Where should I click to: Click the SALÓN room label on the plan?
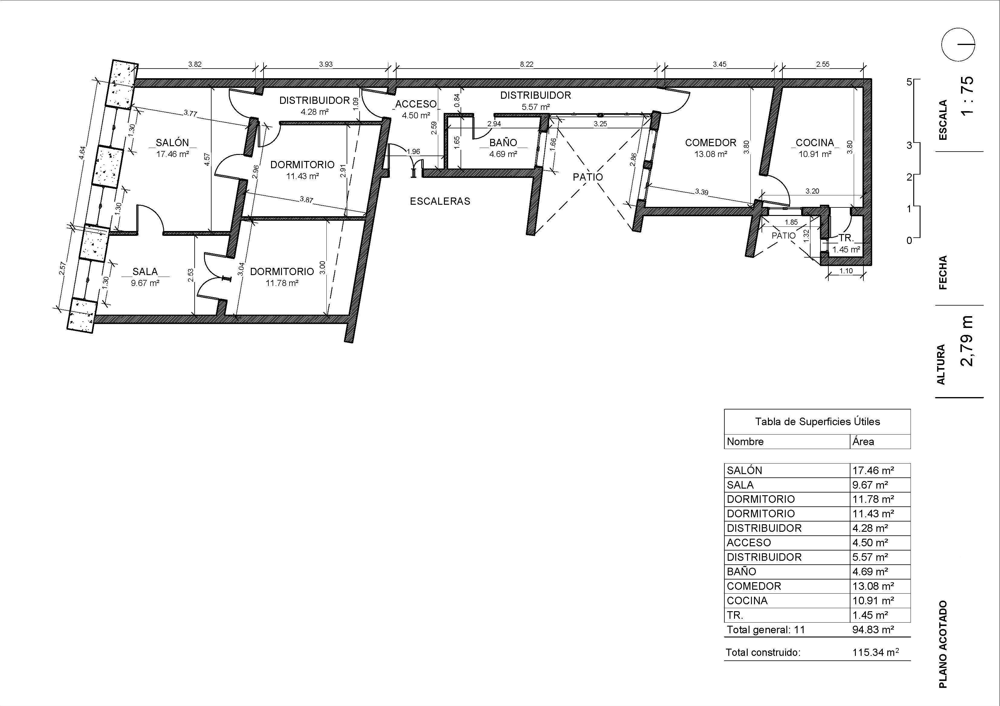coord(173,142)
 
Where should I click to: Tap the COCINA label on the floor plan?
coord(815,142)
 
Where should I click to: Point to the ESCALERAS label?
coord(440,201)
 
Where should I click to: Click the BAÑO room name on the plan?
coord(503,142)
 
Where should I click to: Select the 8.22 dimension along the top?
coord(526,64)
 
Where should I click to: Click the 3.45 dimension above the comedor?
coord(720,64)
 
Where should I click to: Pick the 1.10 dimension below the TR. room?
coord(846,271)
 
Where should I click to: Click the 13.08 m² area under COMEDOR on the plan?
coord(710,154)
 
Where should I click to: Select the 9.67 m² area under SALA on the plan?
coord(145,283)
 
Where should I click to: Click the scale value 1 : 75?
coord(966,96)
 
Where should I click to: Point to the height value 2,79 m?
coord(966,341)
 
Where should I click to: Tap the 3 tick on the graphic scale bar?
coord(909,145)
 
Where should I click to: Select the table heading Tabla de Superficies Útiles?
coord(817,421)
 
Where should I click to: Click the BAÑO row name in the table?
coord(741,571)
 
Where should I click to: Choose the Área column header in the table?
coord(863,441)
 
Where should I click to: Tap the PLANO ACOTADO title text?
coord(943,645)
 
